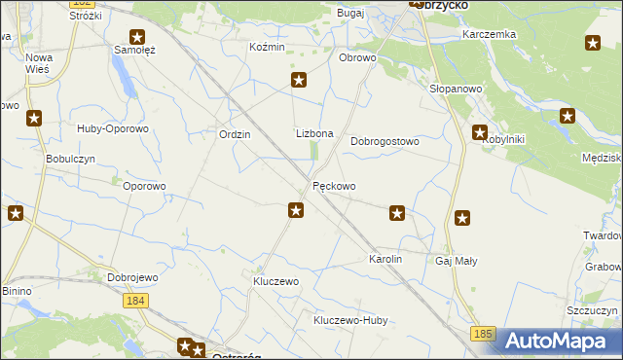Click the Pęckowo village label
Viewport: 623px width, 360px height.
point(334,186)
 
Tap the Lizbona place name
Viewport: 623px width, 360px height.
point(314,133)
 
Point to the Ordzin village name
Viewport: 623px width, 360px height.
point(235,134)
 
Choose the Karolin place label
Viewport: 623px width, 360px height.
point(385,260)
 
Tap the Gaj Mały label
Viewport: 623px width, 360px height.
point(456,261)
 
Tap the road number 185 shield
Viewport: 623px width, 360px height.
point(483,334)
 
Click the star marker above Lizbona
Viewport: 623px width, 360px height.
point(299,81)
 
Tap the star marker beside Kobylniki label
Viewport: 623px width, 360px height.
point(480,132)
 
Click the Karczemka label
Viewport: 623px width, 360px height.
point(489,34)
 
